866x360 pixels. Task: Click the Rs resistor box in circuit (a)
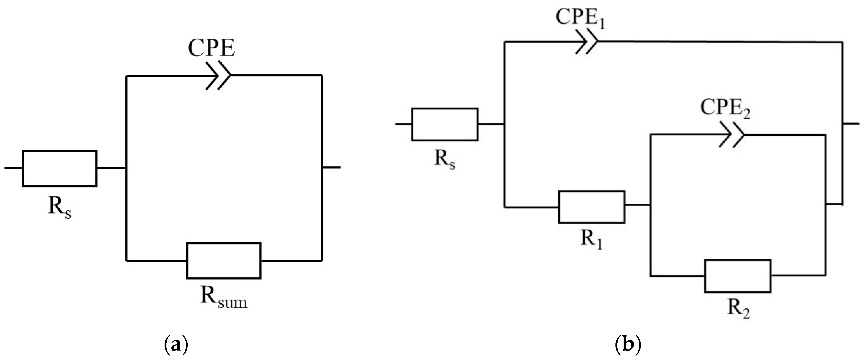point(60,168)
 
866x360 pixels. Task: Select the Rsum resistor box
point(223,261)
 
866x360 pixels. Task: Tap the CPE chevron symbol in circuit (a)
point(218,76)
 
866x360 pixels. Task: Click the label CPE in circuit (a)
point(211,48)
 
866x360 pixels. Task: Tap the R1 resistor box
point(591,207)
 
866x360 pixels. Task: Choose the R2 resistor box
point(738,276)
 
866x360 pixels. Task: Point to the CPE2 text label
point(725,108)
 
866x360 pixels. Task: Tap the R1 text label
point(591,239)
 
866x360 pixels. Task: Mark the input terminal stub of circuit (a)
point(13,168)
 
